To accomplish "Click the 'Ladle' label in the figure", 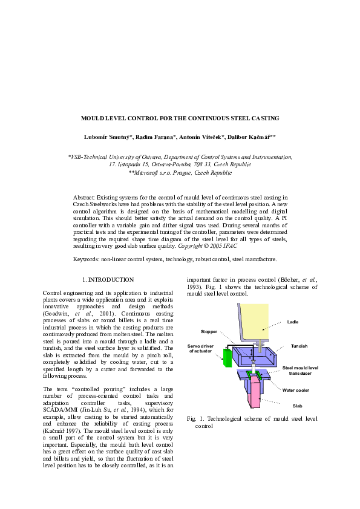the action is [x=292, y=322].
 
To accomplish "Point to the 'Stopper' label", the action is [x=209, y=331].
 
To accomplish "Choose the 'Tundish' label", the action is [x=299, y=346].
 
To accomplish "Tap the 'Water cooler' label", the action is [x=295, y=390].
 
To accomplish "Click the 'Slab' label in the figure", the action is [x=297, y=406].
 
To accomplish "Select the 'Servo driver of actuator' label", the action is [x=200, y=348].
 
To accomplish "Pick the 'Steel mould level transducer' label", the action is [x=300, y=371].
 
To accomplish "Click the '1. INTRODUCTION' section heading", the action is [x=108, y=280].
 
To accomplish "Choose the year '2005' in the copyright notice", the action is [x=216, y=246].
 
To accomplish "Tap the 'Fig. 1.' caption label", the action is [x=195, y=419].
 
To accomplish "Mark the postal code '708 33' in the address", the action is [x=202, y=164].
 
